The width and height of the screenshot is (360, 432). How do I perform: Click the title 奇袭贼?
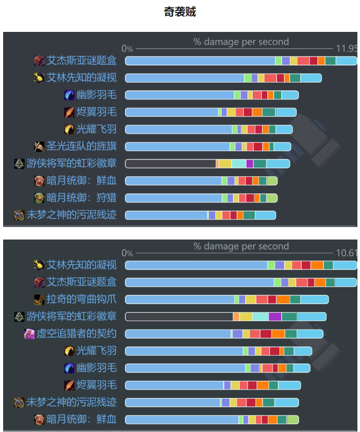pos(180,12)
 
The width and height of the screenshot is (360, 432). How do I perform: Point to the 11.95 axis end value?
pos(346,48)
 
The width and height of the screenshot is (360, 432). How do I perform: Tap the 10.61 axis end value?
pos(346,253)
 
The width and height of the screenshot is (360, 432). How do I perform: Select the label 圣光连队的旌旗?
pos(82,146)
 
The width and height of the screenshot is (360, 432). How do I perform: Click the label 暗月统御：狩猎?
pos(82,198)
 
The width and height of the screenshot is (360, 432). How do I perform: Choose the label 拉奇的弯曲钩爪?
pos(82,299)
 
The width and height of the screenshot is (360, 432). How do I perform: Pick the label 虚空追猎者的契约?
pos(76,334)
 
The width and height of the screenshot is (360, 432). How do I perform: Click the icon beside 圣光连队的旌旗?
pos(39,146)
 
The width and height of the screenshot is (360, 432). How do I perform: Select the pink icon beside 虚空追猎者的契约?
pos(29,334)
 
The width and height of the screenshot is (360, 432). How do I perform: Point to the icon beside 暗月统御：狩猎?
pos(39,198)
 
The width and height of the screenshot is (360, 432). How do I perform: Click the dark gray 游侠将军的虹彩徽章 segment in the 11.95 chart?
pos(170,164)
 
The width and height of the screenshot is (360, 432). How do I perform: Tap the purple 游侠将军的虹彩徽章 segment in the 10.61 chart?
pos(275,316)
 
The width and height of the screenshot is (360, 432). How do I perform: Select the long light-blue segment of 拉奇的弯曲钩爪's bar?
pos(179,299)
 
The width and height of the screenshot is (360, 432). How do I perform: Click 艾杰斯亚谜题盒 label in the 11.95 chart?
pos(82,61)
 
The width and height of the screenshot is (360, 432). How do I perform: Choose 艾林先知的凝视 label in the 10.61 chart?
pos(82,265)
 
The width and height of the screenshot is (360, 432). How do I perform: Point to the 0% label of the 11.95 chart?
pos(128,49)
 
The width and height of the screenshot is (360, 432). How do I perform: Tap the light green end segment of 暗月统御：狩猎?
pos(272,198)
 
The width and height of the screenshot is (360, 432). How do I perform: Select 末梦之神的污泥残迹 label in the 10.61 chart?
pos(72,402)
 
